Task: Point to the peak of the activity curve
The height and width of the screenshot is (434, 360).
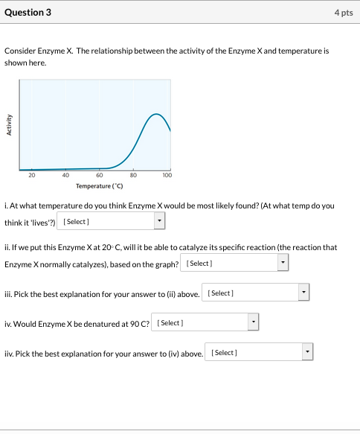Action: pyautogui.click(x=156, y=115)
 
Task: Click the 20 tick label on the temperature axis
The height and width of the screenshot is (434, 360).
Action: pyautogui.click(x=31, y=176)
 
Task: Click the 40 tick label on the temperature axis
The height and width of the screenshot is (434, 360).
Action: pyautogui.click(x=65, y=176)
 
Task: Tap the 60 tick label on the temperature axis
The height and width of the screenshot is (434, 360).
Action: pyautogui.click(x=100, y=176)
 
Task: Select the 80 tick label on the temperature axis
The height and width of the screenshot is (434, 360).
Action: pyautogui.click(x=134, y=176)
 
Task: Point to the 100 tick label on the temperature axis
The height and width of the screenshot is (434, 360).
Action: pyautogui.click(x=167, y=176)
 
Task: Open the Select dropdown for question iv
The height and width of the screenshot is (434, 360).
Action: pyautogui.click(x=205, y=322)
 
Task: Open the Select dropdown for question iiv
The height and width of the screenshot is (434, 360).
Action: pyautogui.click(x=261, y=351)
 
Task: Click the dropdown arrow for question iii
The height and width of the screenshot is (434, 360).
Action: pyautogui.click(x=303, y=293)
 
